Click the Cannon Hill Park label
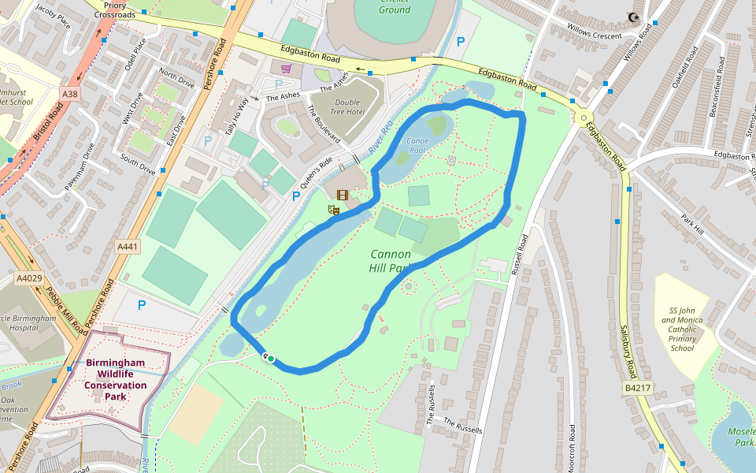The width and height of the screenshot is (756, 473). pos(390,261)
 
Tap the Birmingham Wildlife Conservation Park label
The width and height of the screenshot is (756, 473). pos(116,379)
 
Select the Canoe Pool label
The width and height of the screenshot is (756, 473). pos(416,145)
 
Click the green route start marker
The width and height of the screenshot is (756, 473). pos(270,359)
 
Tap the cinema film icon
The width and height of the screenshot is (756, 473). pos(342,195)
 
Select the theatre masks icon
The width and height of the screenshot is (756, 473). pos(333,210)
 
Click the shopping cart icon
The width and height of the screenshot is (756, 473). pos(286,69)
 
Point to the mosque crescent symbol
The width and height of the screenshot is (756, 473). pos(632,17)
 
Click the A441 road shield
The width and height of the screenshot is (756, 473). pos(127,247)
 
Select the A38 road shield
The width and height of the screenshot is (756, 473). pos(70,94)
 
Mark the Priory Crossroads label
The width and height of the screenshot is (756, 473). pos(115,9)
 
